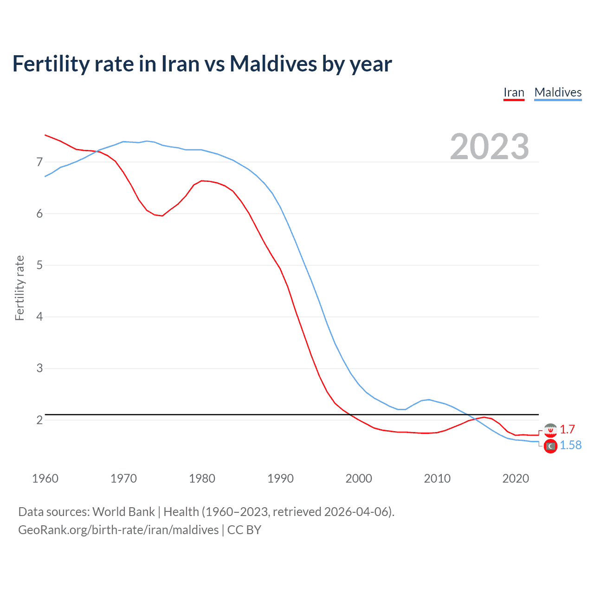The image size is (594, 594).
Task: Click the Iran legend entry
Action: point(514,92)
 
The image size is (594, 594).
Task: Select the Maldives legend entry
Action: point(558,92)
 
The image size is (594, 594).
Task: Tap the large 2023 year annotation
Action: point(490,147)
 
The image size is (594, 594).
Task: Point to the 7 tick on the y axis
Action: point(39,162)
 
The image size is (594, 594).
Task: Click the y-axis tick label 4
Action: point(39,316)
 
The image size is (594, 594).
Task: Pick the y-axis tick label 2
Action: point(39,420)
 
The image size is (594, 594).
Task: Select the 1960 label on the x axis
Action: point(45,478)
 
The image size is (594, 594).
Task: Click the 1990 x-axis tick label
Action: point(280,478)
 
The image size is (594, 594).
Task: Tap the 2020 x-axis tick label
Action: point(516,478)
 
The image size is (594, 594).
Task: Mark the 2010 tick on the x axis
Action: point(437,478)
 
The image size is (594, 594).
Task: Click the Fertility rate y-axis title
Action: point(19,288)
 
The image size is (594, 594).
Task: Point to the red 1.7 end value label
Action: point(567,429)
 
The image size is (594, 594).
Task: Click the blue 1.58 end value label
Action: point(570,445)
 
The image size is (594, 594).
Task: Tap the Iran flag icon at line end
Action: point(550,430)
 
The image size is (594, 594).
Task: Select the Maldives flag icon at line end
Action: point(550,446)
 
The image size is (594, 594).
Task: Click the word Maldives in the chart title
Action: point(273,64)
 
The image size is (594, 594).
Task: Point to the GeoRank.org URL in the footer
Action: point(118,529)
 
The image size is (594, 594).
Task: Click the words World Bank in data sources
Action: point(123,512)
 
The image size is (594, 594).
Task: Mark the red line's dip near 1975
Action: point(162,216)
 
